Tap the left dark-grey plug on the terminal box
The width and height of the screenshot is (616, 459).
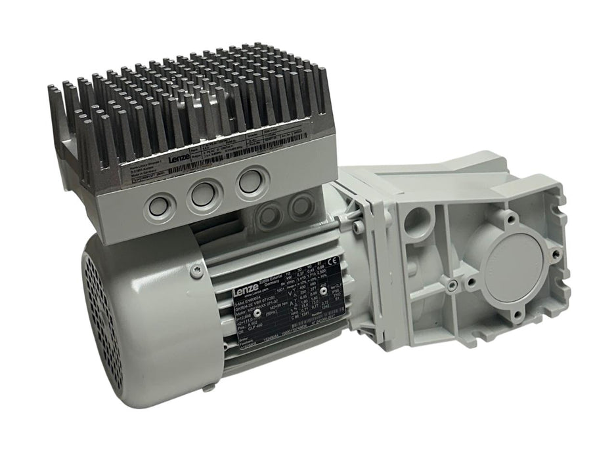click(x=267, y=212)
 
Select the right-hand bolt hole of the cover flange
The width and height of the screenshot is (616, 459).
click(x=556, y=253)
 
